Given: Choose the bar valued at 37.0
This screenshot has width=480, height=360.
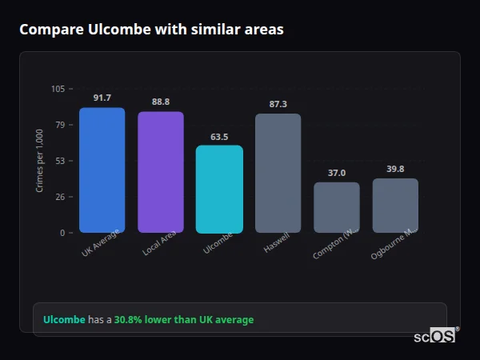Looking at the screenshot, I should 336,207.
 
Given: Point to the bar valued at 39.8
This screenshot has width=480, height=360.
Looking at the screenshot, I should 395,206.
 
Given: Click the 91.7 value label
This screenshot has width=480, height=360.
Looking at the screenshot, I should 102,98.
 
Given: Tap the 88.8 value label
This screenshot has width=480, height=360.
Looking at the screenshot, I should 160,102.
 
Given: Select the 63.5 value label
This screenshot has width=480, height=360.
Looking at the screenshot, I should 219,136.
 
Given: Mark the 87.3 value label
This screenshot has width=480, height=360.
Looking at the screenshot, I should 278,104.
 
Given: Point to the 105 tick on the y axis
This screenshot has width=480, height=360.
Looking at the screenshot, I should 58,89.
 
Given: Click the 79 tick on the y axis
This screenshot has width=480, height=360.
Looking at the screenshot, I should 61,125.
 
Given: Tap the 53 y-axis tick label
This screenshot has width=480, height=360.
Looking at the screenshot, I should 61,161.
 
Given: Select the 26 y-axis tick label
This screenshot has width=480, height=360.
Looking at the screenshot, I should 61,197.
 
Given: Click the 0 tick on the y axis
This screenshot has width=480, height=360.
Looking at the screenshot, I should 63,233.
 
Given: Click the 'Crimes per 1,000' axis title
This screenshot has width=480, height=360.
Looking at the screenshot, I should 40,161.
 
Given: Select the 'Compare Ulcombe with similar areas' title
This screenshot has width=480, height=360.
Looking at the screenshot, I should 151,30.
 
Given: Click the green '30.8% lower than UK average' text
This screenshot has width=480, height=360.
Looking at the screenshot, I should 183,320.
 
